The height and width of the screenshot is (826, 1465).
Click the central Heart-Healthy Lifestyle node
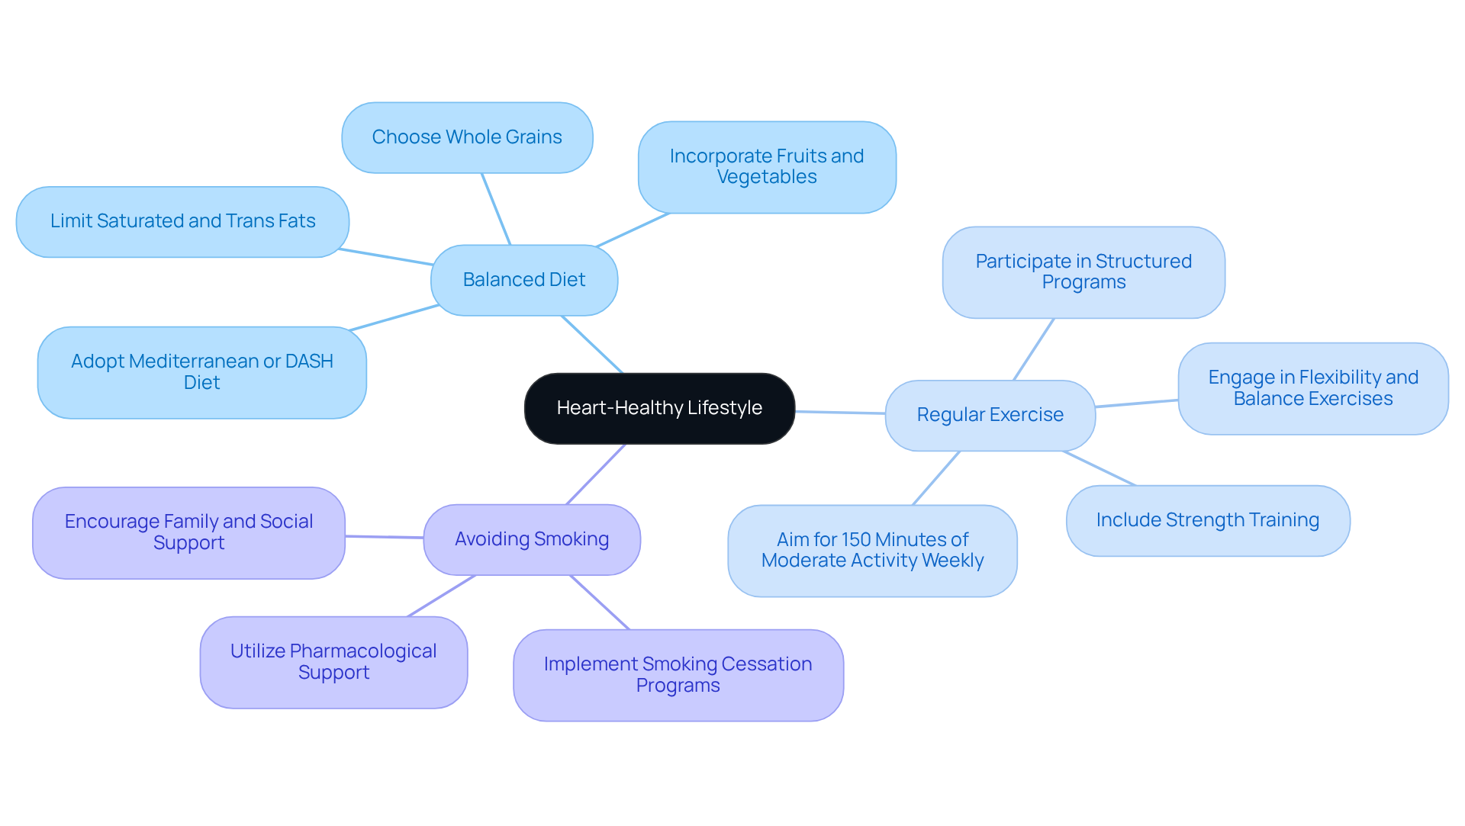pyautogui.click(x=659, y=408)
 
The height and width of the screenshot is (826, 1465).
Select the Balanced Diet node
pyautogui.click(x=523, y=280)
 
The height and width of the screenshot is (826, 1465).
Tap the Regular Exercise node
pyautogui.click(x=990, y=415)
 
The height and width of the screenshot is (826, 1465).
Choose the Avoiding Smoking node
pyautogui.click(x=531, y=539)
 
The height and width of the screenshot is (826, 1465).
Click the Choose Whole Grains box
pyautogui.click(x=467, y=137)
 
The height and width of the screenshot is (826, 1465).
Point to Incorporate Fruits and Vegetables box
pyautogui.click(x=767, y=166)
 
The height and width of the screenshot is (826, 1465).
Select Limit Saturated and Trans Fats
pyautogui.click(x=182, y=221)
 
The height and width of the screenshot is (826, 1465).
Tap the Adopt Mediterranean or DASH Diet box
pyautogui.click(x=201, y=372)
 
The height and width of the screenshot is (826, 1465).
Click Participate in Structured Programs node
pyautogui.click(x=1083, y=272)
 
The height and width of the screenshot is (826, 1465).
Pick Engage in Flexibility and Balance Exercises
pyautogui.click(x=1312, y=388)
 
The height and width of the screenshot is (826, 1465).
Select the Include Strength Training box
pyautogui.click(x=1207, y=520)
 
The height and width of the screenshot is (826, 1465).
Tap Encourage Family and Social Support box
pyautogui.click(x=188, y=532)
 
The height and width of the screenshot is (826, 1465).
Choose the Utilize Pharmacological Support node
pyautogui.click(x=333, y=662)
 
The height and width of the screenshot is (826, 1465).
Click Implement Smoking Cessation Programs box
pyautogui.click(x=678, y=675)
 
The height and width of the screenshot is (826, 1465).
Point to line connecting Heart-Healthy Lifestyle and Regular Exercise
pyautogui.click(x=839, y=413)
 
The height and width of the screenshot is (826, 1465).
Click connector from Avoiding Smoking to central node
pyautogui.click(x=596, y=474)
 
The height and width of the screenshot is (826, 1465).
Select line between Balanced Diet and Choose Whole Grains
pyautogui.click(x=496, y=209)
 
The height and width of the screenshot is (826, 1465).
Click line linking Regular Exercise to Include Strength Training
pyautogui.click(x=1100, y=468)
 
